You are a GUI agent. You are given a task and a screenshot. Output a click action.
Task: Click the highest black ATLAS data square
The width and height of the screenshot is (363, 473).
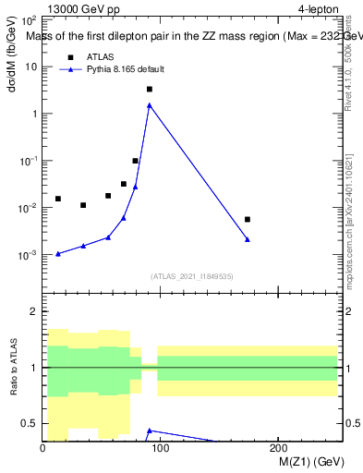coord(149,90)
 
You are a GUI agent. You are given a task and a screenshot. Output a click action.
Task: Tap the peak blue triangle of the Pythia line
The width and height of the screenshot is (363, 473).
coord(149,105)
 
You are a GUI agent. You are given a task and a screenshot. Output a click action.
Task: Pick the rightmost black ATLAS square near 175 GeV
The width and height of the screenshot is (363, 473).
coord(248,219)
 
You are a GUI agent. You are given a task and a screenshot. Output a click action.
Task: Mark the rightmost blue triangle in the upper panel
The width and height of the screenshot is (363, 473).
coord(248,239)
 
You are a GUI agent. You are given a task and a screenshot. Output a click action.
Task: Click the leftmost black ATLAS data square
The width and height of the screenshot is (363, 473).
coord(58,199)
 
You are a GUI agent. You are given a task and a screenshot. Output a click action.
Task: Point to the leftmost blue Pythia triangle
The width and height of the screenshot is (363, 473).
coord(58,253)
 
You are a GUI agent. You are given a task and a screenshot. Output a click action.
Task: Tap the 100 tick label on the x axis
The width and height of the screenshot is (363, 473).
coord(161,448)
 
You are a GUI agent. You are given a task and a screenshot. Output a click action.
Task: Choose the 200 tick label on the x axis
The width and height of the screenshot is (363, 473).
coord(279,448)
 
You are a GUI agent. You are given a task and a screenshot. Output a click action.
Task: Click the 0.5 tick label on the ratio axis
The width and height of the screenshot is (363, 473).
coord(29,423)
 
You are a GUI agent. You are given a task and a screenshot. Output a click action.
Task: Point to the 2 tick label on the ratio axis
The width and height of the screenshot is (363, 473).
coord(33,311)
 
